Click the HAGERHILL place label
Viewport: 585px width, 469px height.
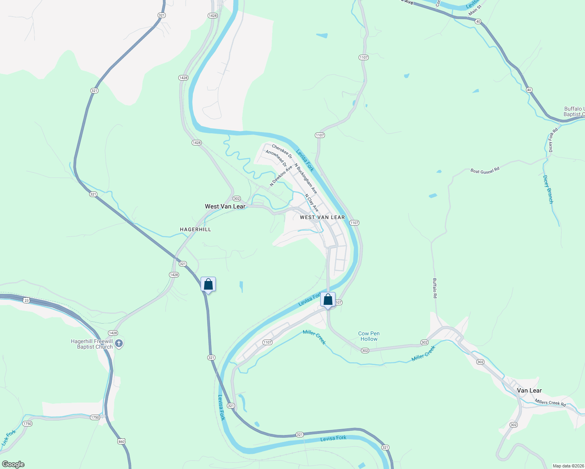click(x=195, y=229)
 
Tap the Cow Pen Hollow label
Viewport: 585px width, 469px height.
click(x=369, y=336)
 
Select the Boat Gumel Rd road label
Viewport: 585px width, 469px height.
click(x=485, y=171)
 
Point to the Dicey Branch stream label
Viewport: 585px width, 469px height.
click(x=548, y=189)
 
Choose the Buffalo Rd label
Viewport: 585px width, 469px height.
click(x=434, y=288)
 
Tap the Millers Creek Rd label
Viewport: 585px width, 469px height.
click(x=550, y=403)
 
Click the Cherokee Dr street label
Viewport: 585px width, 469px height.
click(x=282, y=152)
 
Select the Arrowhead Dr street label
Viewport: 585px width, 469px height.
click(x=276, y=158)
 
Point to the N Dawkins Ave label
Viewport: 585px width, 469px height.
click(x=281, y=175)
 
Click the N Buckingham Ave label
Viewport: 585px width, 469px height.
click(x=306, y=179)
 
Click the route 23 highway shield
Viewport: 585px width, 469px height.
click(x=26, y=300)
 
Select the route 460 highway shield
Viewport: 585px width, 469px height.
click(x=121, y=442)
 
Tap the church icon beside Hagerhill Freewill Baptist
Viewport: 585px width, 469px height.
click(x=119, y=344)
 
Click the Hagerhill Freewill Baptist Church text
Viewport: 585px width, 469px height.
click(x=92, y=344)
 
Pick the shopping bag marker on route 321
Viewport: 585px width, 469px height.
click(x=208, y=285)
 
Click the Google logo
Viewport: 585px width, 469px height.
click(x=13, y=464)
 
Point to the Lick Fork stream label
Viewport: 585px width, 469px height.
click(x=9, y=438)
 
